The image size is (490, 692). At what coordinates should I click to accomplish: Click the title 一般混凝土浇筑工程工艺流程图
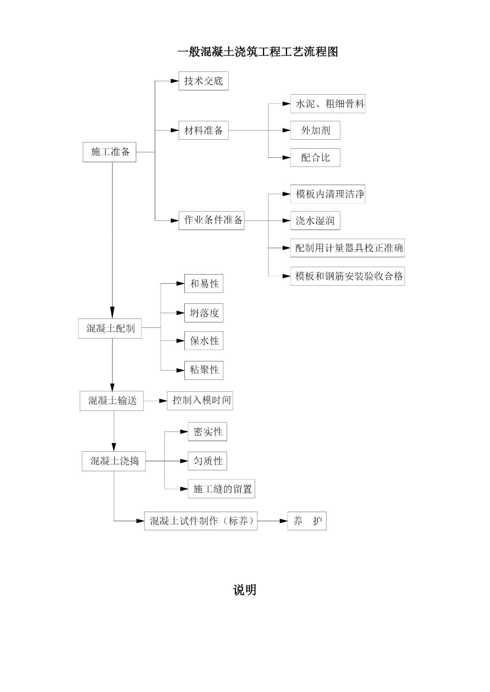(258, 52)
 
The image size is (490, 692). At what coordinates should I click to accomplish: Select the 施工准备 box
(109, 152)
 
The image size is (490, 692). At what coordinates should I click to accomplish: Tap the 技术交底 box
(203, 81)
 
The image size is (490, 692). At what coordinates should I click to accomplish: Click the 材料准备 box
(203, 130)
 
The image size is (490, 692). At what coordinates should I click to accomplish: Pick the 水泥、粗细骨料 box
(328, 104)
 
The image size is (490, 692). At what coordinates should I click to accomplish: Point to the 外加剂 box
(315, 130)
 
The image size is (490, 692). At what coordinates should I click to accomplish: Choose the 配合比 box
(315, 157)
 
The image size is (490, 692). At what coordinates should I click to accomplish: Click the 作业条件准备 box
(211, 220)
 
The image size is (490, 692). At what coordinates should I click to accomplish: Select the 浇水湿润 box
(315, 221)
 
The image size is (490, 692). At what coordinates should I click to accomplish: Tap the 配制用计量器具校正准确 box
(347, 248)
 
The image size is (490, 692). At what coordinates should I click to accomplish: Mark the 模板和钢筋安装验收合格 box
(347, 276)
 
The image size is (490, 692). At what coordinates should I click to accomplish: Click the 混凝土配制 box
(110, 328)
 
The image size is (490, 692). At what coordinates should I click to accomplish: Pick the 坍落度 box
(204, 313)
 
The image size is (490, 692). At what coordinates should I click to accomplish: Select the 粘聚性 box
(204, 370)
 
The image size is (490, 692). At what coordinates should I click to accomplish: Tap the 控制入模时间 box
(200, 400)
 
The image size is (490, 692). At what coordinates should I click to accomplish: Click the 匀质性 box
(207, 461)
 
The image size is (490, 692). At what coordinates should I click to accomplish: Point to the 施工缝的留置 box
(222, 489)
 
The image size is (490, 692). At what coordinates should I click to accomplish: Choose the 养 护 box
(307, 521)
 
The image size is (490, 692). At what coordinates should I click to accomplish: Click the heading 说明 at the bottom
(244, 590)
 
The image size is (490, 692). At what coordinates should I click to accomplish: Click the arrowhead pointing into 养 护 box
(283, 521)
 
